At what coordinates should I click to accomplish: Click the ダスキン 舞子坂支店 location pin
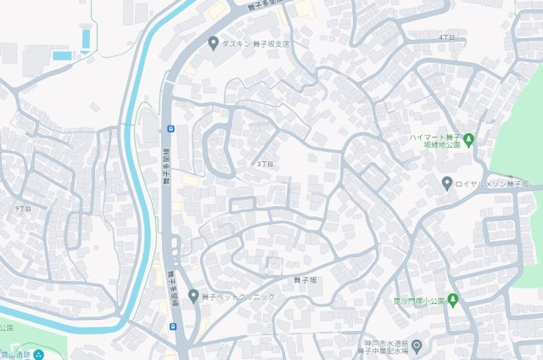[213, 42]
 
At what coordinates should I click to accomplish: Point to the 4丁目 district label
[446, 38]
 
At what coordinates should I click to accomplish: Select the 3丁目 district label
[266, 163]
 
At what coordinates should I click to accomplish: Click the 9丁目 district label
[23, 208]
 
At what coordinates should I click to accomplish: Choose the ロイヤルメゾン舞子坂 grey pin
[447, 183]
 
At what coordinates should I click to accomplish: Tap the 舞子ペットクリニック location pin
[193, 295]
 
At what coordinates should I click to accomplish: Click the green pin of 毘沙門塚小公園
[453, 299]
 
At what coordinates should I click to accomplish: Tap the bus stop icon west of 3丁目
[171, 129]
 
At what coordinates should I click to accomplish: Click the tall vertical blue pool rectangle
[85, 37]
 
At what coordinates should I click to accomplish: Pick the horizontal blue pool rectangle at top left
[62, 55]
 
